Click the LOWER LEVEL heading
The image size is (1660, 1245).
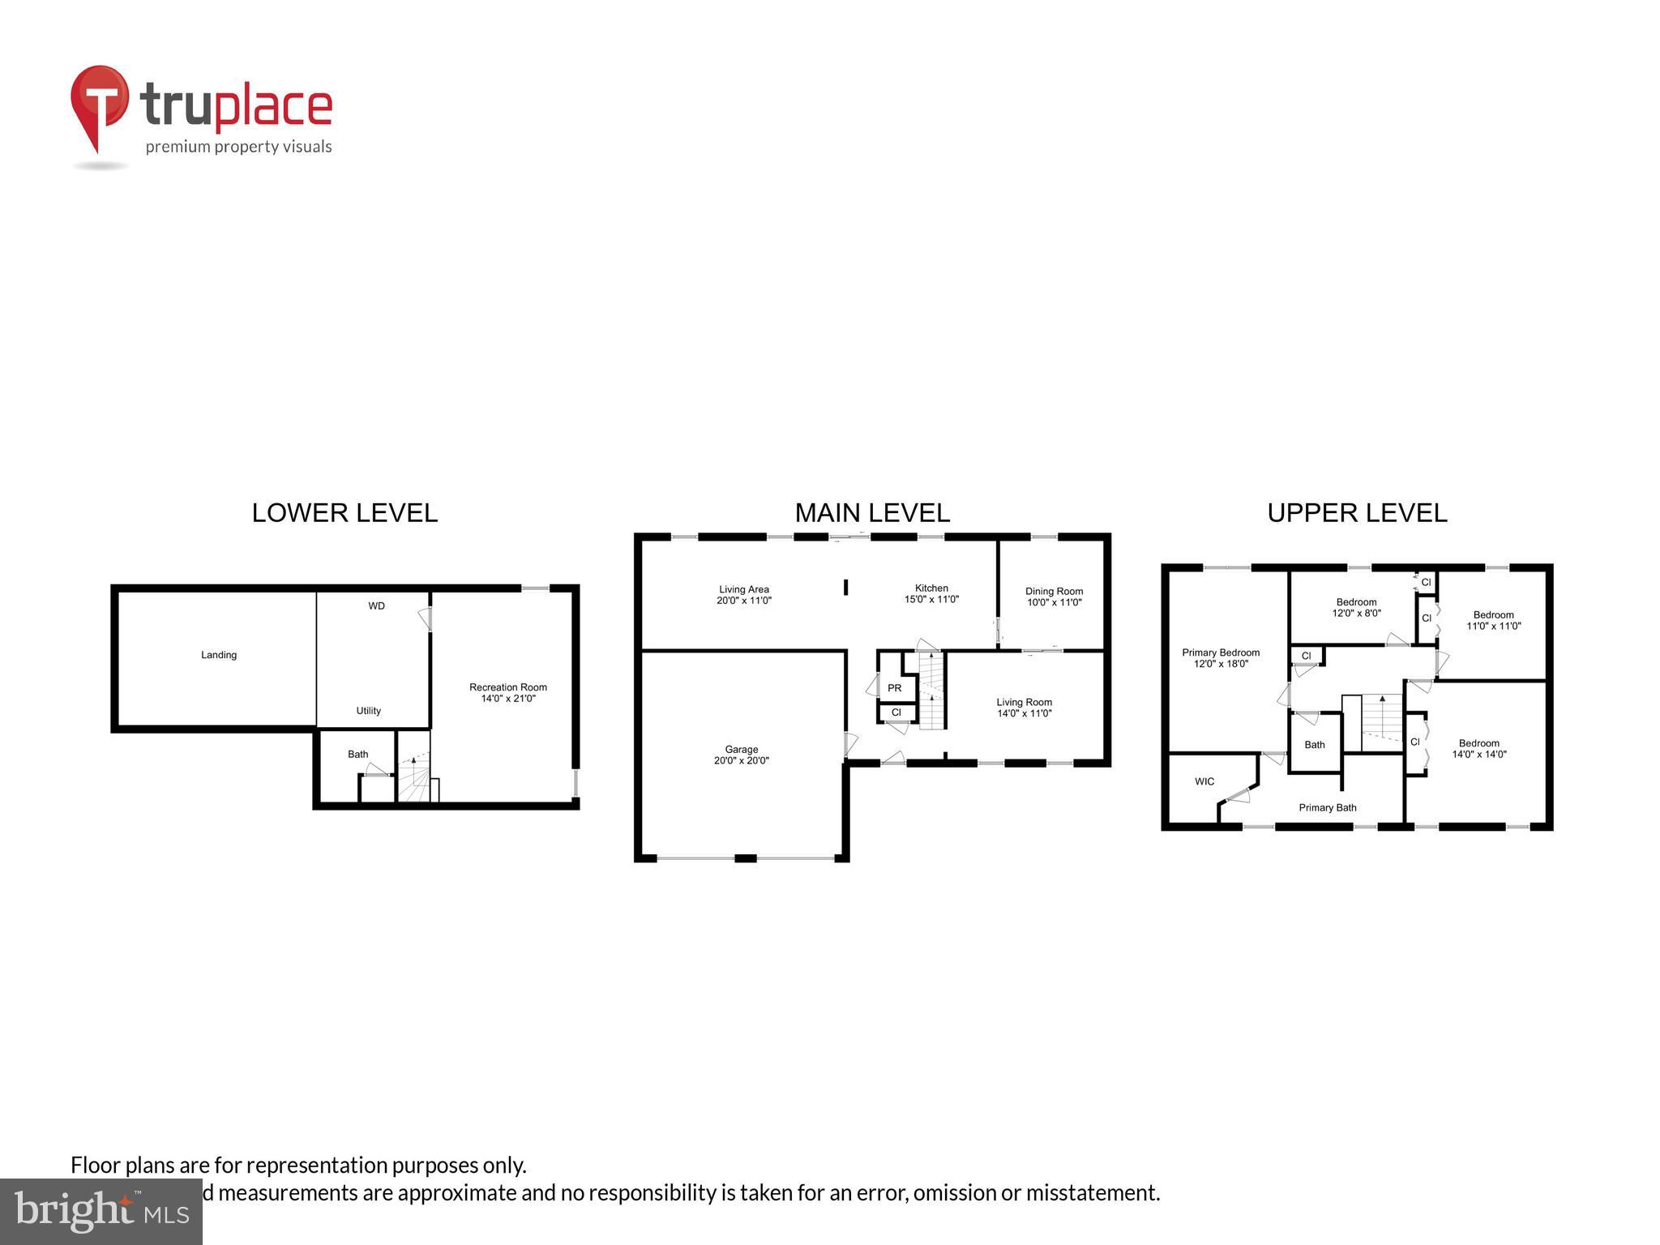point(344,513)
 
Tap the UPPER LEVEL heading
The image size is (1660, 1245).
point(1357,513)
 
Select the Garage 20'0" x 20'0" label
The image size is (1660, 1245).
point(741,755)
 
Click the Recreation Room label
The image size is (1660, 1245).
point(508,692)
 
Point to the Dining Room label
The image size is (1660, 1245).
point(1054,597)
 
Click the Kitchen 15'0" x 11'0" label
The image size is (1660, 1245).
point(931,593)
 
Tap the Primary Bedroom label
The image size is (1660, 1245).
point(1221,657)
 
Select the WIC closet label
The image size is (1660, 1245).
point(1204,781)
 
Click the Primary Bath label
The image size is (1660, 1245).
point(1328,807)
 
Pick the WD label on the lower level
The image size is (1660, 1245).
point(376,605)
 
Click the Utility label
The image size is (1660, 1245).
point(369,711)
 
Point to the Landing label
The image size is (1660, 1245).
point(219,655)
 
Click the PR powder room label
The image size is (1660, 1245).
point(895,688)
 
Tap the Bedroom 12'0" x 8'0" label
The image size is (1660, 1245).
point(1356,607)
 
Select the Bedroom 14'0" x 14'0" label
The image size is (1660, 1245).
point(1478,748)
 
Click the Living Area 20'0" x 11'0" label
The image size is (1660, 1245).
point(743,595)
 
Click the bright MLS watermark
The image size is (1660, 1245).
point(101,1212)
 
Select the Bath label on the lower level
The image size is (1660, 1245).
point(357,754)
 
